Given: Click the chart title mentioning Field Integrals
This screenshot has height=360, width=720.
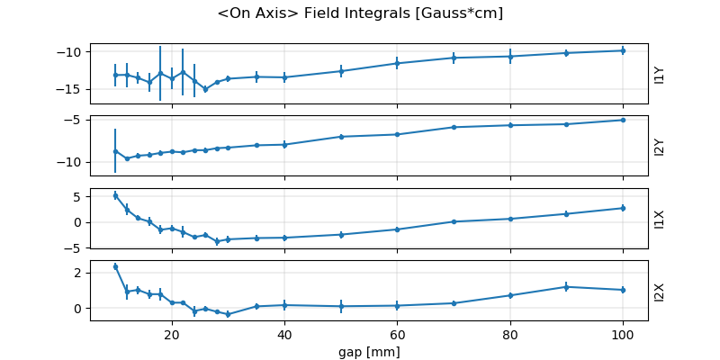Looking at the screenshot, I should (x=360, y=13).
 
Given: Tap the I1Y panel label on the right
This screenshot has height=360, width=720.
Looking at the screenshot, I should (x=660, y=75).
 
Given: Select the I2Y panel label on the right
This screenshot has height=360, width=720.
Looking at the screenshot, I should (x=660, y=147).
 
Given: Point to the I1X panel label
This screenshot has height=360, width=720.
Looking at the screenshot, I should (x=660, y=219).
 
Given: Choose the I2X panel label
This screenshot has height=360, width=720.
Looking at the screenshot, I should (x=660, y=291).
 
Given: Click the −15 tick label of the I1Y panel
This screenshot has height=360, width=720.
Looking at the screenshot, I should (x=73, y=89).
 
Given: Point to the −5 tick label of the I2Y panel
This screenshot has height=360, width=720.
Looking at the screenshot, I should (x=76, y=120).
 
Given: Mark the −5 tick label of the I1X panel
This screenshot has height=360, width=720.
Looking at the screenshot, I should (x=76, y=247).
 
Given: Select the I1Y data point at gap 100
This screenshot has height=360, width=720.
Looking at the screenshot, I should (x=623, y=50).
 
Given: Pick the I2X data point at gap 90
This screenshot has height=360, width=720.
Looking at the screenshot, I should (x=566, y=287).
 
